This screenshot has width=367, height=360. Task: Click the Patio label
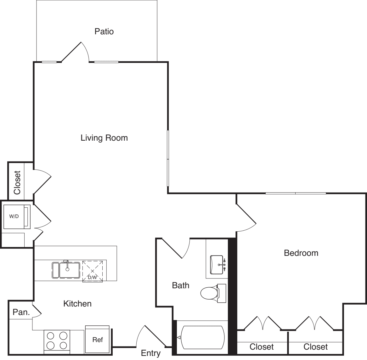click(104, 31)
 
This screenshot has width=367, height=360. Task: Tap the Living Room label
click(104, 138)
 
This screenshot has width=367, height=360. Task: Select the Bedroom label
click(301, 253)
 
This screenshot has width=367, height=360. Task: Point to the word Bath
click(180, 285)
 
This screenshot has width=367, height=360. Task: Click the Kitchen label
click(77, 304)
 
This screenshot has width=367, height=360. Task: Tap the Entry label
click(151, 353)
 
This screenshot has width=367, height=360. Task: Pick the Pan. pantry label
click(21, 312)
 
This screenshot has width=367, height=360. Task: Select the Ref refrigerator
click(97, 339)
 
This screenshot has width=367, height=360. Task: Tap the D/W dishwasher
click(93, 271)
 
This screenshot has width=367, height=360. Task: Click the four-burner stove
click(57, 342)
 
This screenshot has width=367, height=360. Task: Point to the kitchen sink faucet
click(67, 265)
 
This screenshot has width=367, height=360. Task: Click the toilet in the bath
click(213, 293)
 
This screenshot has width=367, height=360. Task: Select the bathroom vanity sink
click(217, 265)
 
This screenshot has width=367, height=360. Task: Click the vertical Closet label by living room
click(17, 183)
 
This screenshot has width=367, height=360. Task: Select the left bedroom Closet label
click(262, 347)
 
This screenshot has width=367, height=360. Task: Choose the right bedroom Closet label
click(315, 347)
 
